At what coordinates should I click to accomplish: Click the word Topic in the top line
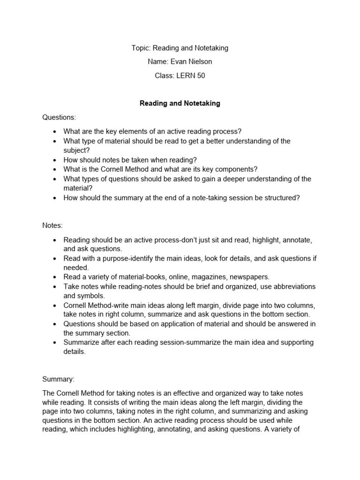pyautogui.click(x=140, y=48)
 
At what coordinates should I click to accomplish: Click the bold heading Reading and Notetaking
pyautogui.click(x=180, y=104)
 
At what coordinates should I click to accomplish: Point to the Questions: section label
pyautogui.click(x=59, y=117)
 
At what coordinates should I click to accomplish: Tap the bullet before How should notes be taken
pyautogui.click(x=55, y=160)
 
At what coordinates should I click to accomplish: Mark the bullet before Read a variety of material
pyautogui.click(x=55, y=277)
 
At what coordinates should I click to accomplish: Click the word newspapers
pyautogui.click(x=249, y=277)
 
